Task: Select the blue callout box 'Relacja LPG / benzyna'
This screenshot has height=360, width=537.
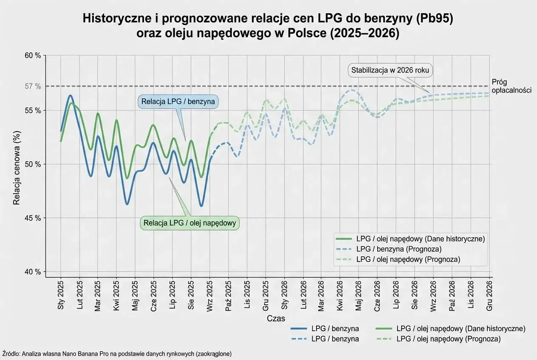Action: [178, 102]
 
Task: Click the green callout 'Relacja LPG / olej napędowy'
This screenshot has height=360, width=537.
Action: [189, 223]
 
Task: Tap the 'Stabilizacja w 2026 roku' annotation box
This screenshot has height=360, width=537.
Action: [390, 70]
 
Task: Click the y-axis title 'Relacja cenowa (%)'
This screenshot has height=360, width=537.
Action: [17, 168]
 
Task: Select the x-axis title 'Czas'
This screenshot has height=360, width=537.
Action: [276, 318]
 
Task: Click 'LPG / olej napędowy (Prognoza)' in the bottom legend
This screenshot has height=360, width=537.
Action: [448, 339]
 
